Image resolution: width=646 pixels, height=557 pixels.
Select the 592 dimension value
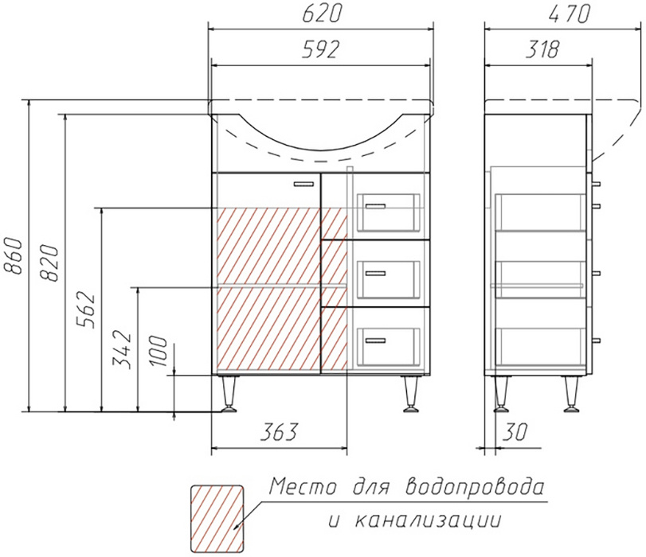pos(321,49)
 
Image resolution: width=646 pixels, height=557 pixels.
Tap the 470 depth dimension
pos(570,15)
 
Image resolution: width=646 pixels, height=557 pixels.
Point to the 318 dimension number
pos(542,49)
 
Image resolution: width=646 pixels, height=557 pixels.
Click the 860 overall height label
pos(14,255)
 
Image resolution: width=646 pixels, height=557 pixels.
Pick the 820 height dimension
pos(49,263)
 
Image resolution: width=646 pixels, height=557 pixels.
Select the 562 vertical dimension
pos(86,310)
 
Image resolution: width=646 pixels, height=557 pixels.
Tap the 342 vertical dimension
pos(123,349)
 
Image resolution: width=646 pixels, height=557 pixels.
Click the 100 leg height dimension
pos(159,351)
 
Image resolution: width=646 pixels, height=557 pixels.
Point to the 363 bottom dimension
pos(279,432)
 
